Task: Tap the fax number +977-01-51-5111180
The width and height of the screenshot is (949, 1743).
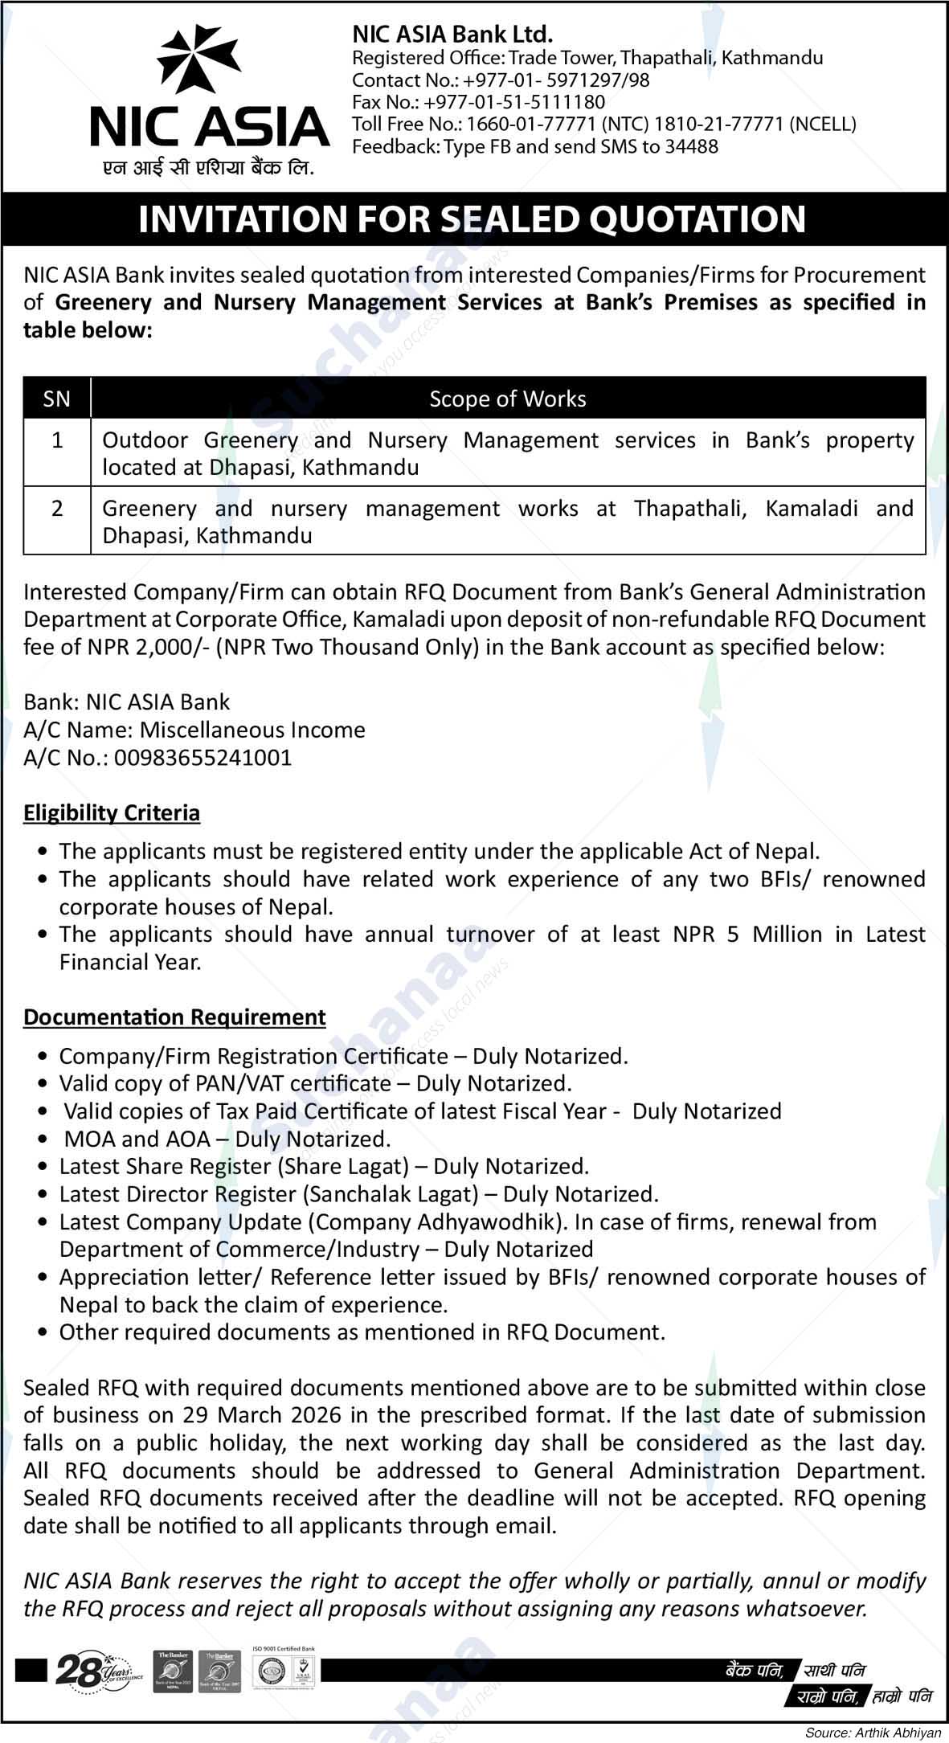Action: click(x=514, y=102)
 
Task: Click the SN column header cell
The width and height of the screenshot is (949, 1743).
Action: click(x=57, y=399)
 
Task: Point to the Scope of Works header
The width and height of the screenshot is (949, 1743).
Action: click(x=507, y=399)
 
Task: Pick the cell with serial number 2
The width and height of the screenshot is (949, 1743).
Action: click(x=57, y=509)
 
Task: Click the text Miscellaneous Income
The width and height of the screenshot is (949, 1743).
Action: click(x=252, y=730)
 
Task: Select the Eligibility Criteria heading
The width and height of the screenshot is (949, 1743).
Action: click(x=112, y=813)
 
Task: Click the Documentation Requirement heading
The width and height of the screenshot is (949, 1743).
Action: click(x=174, y=1017)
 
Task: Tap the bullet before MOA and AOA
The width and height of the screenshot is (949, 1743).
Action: click(x=43, y=1140)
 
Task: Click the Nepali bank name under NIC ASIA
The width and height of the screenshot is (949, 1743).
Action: click(x=198, y=170)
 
